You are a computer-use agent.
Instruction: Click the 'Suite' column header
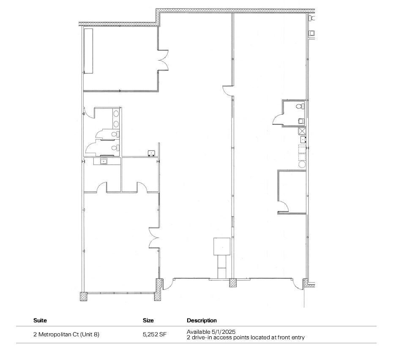click(x=40, y=321)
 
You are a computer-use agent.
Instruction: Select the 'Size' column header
click(x=148, y=321)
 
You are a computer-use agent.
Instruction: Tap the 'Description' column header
click(x=202, y=321)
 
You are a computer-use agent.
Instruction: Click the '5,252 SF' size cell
click(x=155, y=334)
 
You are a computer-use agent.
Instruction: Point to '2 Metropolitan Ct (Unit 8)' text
click(x=66, y=334)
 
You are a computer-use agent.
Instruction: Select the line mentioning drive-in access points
click(x=245, y=337)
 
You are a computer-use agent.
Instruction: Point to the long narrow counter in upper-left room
click(x=88, y=51)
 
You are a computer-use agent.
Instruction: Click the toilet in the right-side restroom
click(x=300, y=106)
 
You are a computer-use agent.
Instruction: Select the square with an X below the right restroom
click(x=302, y=131)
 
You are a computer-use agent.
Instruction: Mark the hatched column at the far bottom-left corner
click(x=83, y=296)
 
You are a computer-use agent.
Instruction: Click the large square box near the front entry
click(x=222, y=246)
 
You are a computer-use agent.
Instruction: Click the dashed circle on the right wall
click(x=302, y=164)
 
